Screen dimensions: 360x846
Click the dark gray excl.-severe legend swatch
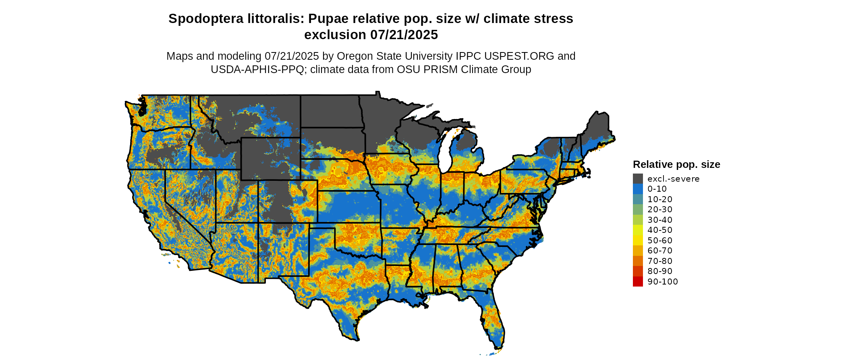638,179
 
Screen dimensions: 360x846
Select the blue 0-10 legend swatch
638,189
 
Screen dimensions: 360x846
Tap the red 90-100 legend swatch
638,282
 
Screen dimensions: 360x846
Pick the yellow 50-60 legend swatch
638,241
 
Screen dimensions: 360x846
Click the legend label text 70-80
660,261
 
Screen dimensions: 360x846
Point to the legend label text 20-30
660,209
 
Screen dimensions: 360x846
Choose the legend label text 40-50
660,230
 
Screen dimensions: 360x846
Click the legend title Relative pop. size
676,165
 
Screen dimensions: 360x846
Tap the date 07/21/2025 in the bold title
404,35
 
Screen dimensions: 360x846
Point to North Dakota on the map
330,111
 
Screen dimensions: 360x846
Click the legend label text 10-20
660,199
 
